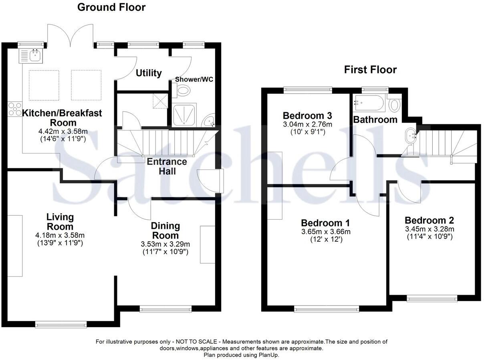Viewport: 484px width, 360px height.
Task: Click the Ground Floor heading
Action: (111, 7)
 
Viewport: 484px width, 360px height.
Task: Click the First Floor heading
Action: (370, 70)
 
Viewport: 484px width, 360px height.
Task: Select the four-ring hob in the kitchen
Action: (15, 109)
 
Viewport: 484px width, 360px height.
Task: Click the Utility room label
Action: (149, 73)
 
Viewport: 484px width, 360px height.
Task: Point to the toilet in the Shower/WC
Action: (183, 91)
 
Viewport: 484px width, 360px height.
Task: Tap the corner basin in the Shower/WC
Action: (210, 121)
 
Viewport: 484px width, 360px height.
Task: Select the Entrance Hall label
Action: (167, 166)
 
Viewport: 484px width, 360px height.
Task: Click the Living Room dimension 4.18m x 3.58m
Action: (60, 235)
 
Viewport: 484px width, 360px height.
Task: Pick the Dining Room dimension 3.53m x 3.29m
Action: (165, 244)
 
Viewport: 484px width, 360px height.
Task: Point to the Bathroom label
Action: (375, 119)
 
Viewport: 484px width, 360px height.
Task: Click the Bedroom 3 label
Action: (307, 116)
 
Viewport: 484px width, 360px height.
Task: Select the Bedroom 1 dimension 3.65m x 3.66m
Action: (325, 232)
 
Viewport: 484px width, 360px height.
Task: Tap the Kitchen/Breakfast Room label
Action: (62, 117)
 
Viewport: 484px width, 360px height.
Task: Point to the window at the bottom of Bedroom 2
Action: (432, 298)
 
